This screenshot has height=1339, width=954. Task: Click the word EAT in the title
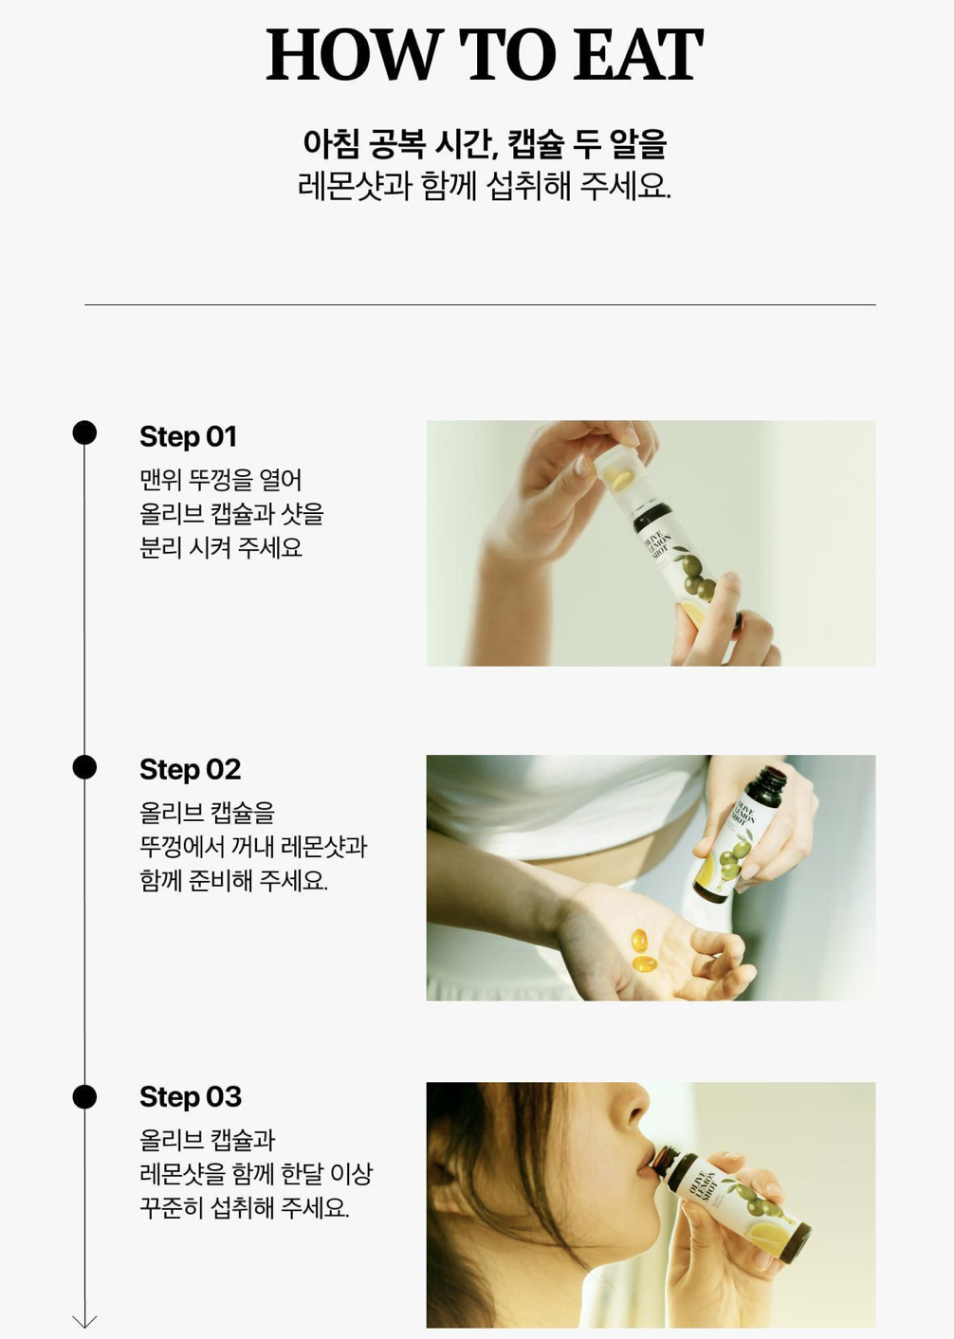pos(638,54)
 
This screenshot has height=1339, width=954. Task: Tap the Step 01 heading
pos(189,436)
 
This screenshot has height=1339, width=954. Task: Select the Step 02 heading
pos(190,769)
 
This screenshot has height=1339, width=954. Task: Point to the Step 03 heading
pos(191,1097)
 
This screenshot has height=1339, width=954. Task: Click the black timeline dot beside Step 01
pos(84,432)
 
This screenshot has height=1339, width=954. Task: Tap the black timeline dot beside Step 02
pos(84,767)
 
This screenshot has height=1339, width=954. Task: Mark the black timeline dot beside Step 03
pos(84,1097)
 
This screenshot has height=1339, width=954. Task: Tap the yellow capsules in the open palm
pos(643,950)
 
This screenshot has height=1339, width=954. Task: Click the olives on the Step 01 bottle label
pos(697,575)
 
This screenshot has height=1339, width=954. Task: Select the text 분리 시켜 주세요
pos(221,547)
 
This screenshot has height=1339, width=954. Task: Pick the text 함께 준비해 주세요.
pos(233,881)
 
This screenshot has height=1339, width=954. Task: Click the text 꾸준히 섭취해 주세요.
pos(245,1208)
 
